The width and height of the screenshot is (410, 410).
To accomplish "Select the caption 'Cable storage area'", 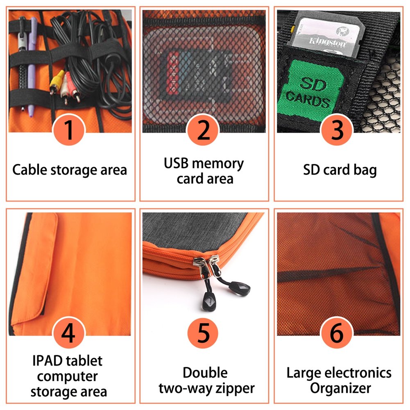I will click(70, 170).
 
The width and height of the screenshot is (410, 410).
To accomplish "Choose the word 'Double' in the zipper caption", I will click(205, 373).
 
